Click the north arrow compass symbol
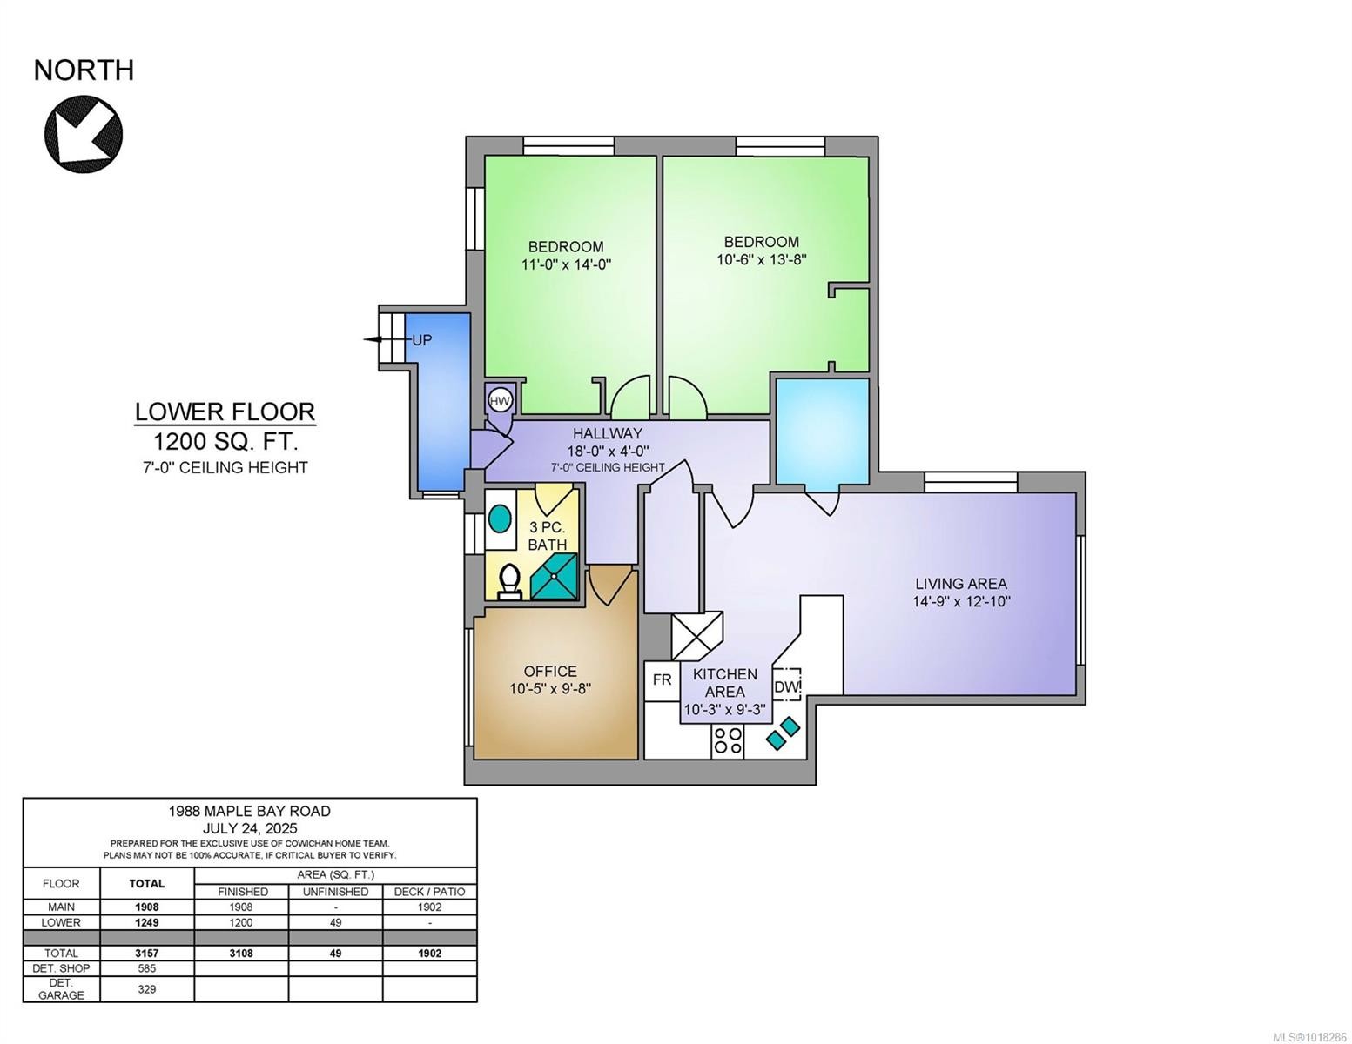84,134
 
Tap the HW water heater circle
500,402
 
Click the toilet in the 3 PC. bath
510,582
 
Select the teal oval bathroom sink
500,519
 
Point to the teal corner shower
554,577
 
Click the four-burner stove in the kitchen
727,741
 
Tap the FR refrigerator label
662,679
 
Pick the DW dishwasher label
787,687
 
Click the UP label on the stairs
422,340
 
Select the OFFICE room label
550,671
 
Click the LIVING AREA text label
960,583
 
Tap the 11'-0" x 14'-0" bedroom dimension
566,264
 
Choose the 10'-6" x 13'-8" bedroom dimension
762,259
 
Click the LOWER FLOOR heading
225,412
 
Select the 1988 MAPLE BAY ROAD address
250,811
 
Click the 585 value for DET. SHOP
147,968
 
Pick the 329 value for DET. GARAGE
147,989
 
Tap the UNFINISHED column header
335,892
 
